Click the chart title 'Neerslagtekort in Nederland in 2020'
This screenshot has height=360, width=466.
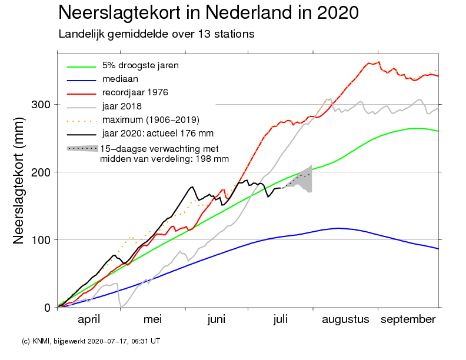coord(209,12)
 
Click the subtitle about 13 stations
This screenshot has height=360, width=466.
coord(156,34)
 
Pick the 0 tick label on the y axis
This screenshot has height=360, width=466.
coord(47,308)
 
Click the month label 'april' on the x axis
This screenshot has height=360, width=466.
coord(89,319)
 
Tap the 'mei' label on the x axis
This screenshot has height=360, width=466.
coord(152,319)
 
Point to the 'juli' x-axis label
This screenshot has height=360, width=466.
coord(281,319)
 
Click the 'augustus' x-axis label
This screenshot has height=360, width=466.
coord(345,319)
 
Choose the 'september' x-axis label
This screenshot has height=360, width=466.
coord(408,319)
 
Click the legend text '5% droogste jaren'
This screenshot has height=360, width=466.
coord(140,65)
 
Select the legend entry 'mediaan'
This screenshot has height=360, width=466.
coord(120,78)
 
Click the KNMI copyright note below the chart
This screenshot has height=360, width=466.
coord(90,341)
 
